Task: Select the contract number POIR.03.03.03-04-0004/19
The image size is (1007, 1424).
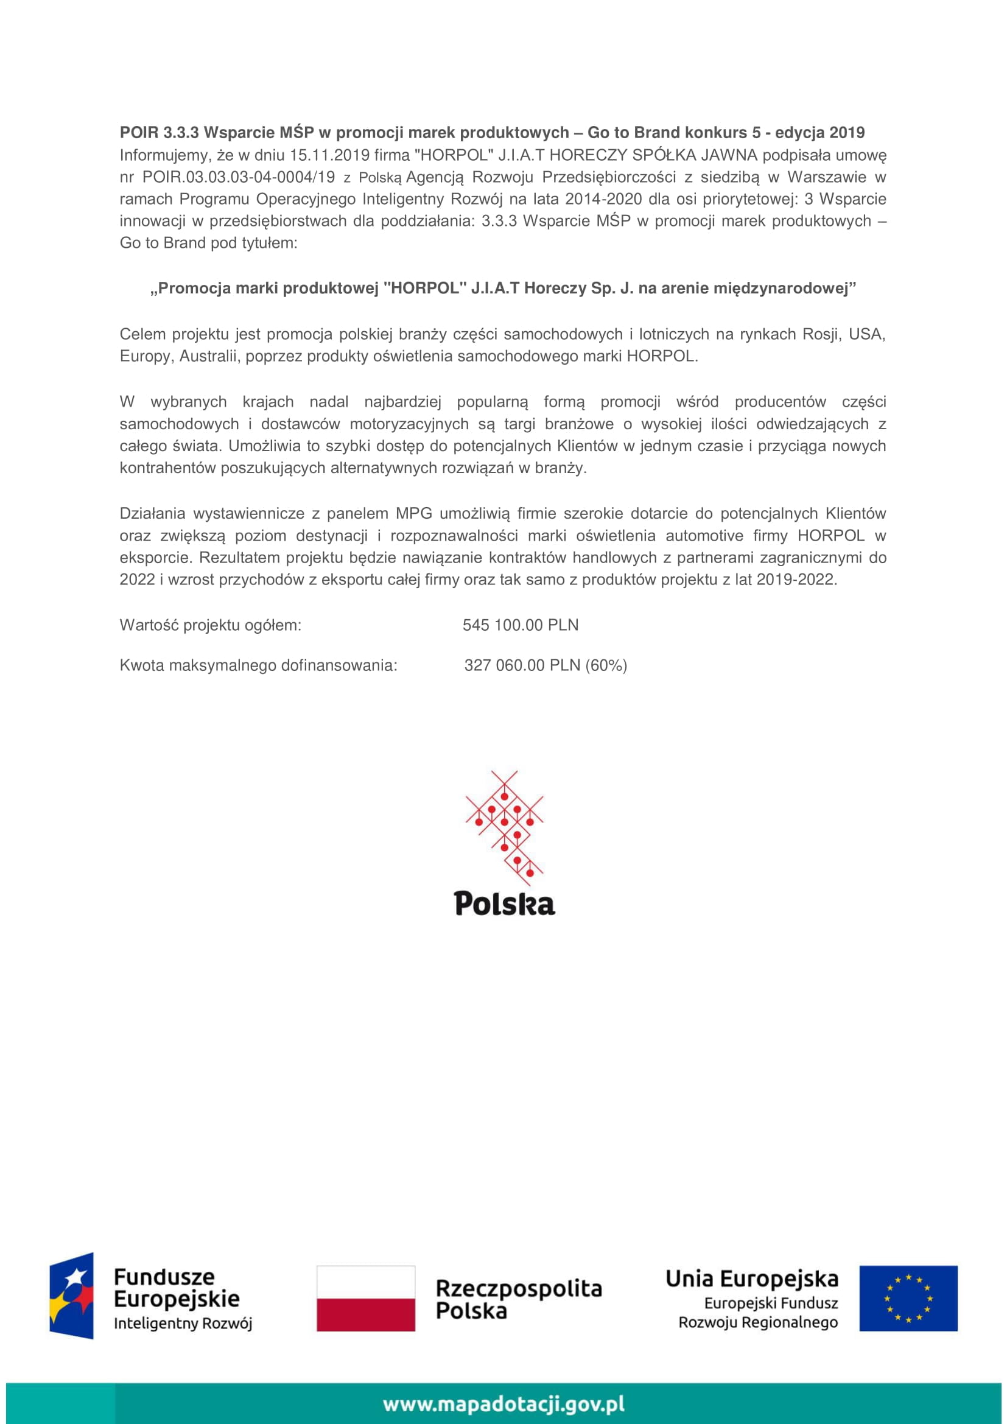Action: [x=238, y=177]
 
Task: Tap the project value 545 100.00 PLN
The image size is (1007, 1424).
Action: [x=520, y=625]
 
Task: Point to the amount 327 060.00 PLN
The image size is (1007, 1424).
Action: [x=522, y=665]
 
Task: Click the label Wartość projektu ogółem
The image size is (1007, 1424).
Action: [x=210, y=625]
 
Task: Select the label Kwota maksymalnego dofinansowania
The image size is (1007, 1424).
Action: [x=258, y=665]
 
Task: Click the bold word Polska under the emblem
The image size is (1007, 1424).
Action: [x=504, y=903]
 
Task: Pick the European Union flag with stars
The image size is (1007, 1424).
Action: [x=908, y=1298]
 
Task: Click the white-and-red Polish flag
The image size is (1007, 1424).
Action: [x=366, y=1298]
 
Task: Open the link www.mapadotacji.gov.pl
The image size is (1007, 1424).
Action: [x=503, y=1403]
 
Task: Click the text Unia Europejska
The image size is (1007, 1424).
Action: [x=751, y=1278]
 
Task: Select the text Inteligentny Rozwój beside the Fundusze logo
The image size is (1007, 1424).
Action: [x=183, y=1323]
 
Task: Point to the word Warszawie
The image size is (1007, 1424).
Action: [x=827, y=177]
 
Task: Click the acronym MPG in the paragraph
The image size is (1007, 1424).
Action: [x=413, y=514]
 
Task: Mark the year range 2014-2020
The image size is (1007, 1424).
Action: [x=603, y=199]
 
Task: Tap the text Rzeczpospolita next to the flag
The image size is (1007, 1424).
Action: [x=518, y=1289]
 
